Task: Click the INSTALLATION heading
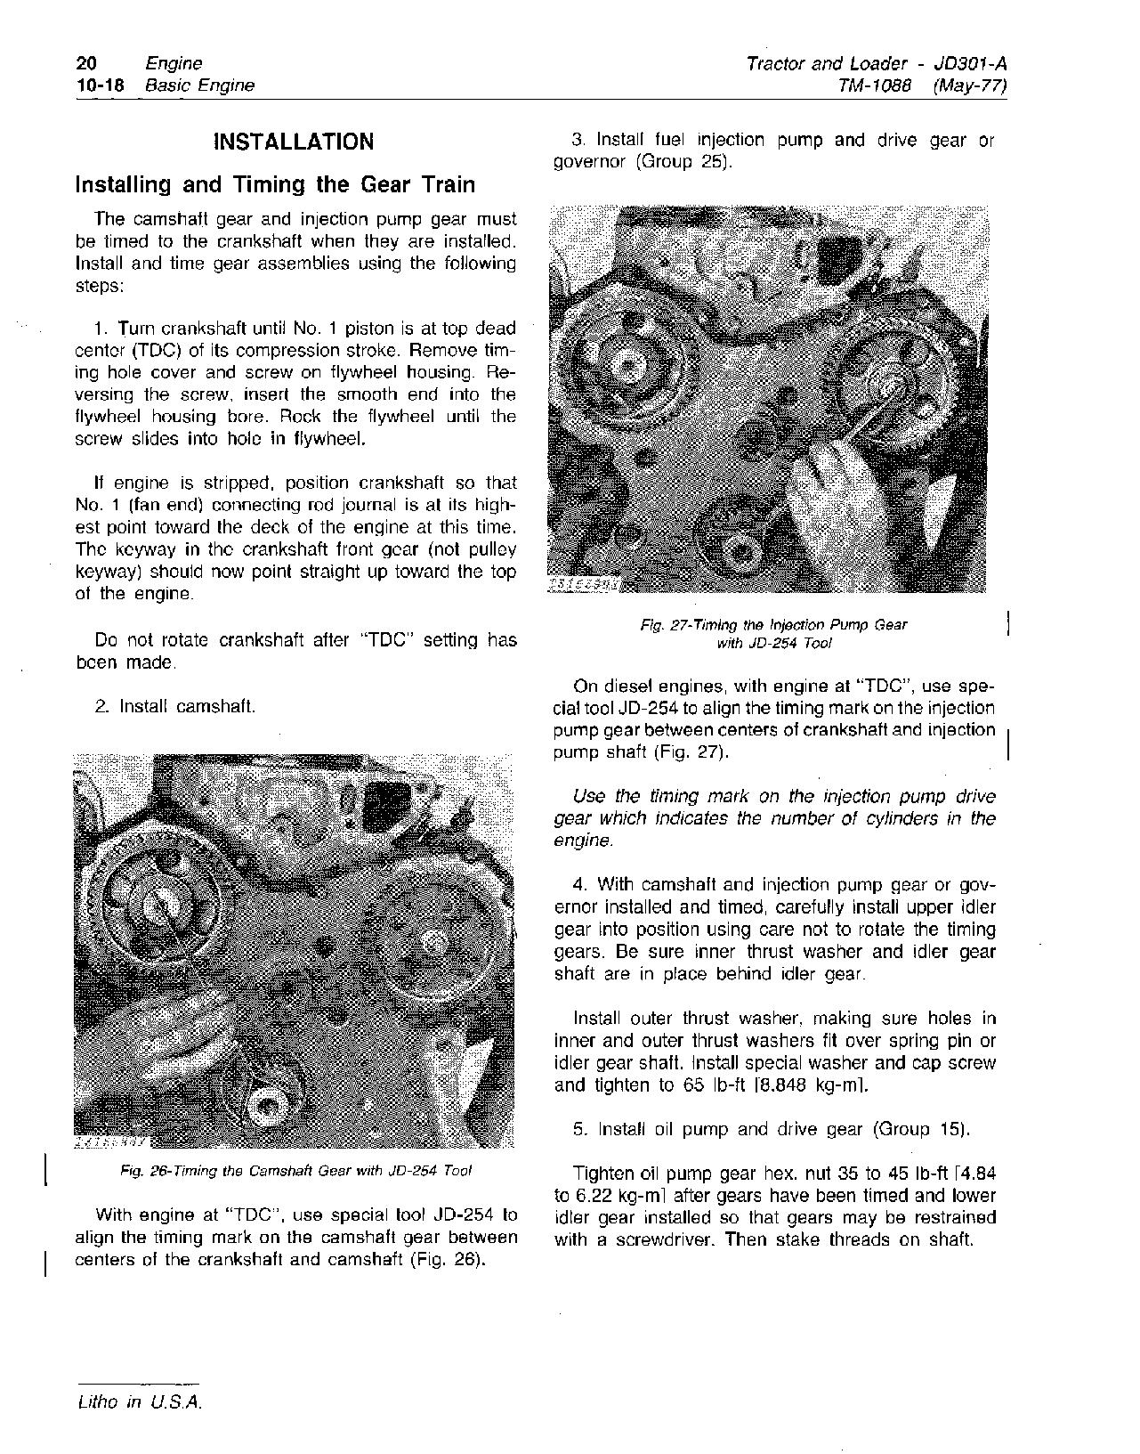tap(295, 142)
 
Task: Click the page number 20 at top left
tap(86, 63)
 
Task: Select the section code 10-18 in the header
tap(100, 85)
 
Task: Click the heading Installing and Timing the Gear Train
tap(275, 185)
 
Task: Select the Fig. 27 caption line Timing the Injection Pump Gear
tap(773, 625)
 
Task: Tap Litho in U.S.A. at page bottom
tap(139, 1401)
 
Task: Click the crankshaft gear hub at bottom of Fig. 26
tap(266, 1106)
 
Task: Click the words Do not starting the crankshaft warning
tap(125, 640)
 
